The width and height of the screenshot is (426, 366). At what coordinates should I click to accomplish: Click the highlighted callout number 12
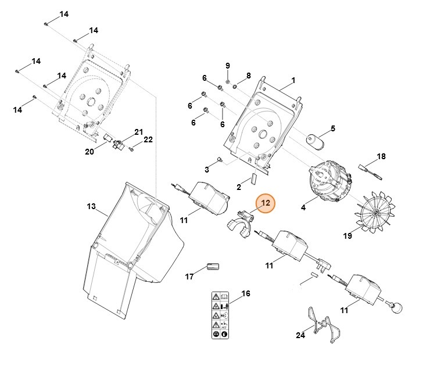pyautogui.click(x=266, y=203)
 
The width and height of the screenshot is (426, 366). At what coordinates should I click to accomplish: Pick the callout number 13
pyautogui.click(x=91, y=206)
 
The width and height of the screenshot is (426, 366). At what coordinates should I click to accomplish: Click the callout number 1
pyautogui.click(x=293, y=80)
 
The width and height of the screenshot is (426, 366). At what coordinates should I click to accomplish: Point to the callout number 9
pyautogui.click(x=228, y=65)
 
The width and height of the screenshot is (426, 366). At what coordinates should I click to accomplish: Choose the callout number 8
pyautogui.click(x=248, y=76)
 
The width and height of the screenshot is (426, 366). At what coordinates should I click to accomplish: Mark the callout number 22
pyautogui.click(x=148, y=139)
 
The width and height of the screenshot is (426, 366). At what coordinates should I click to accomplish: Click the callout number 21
pyautogui.click(x=138, y=131)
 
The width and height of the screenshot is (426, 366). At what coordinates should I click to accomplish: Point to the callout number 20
pyautogui.click(x=90, y=152)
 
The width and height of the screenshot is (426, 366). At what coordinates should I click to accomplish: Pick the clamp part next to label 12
pyautogui.click(x=239, y=224)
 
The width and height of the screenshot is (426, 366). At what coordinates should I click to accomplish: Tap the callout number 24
pyautogui.click(x=300, y=335)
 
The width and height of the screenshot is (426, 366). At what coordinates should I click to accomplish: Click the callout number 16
pyautogui.click(x=246, y=294)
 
